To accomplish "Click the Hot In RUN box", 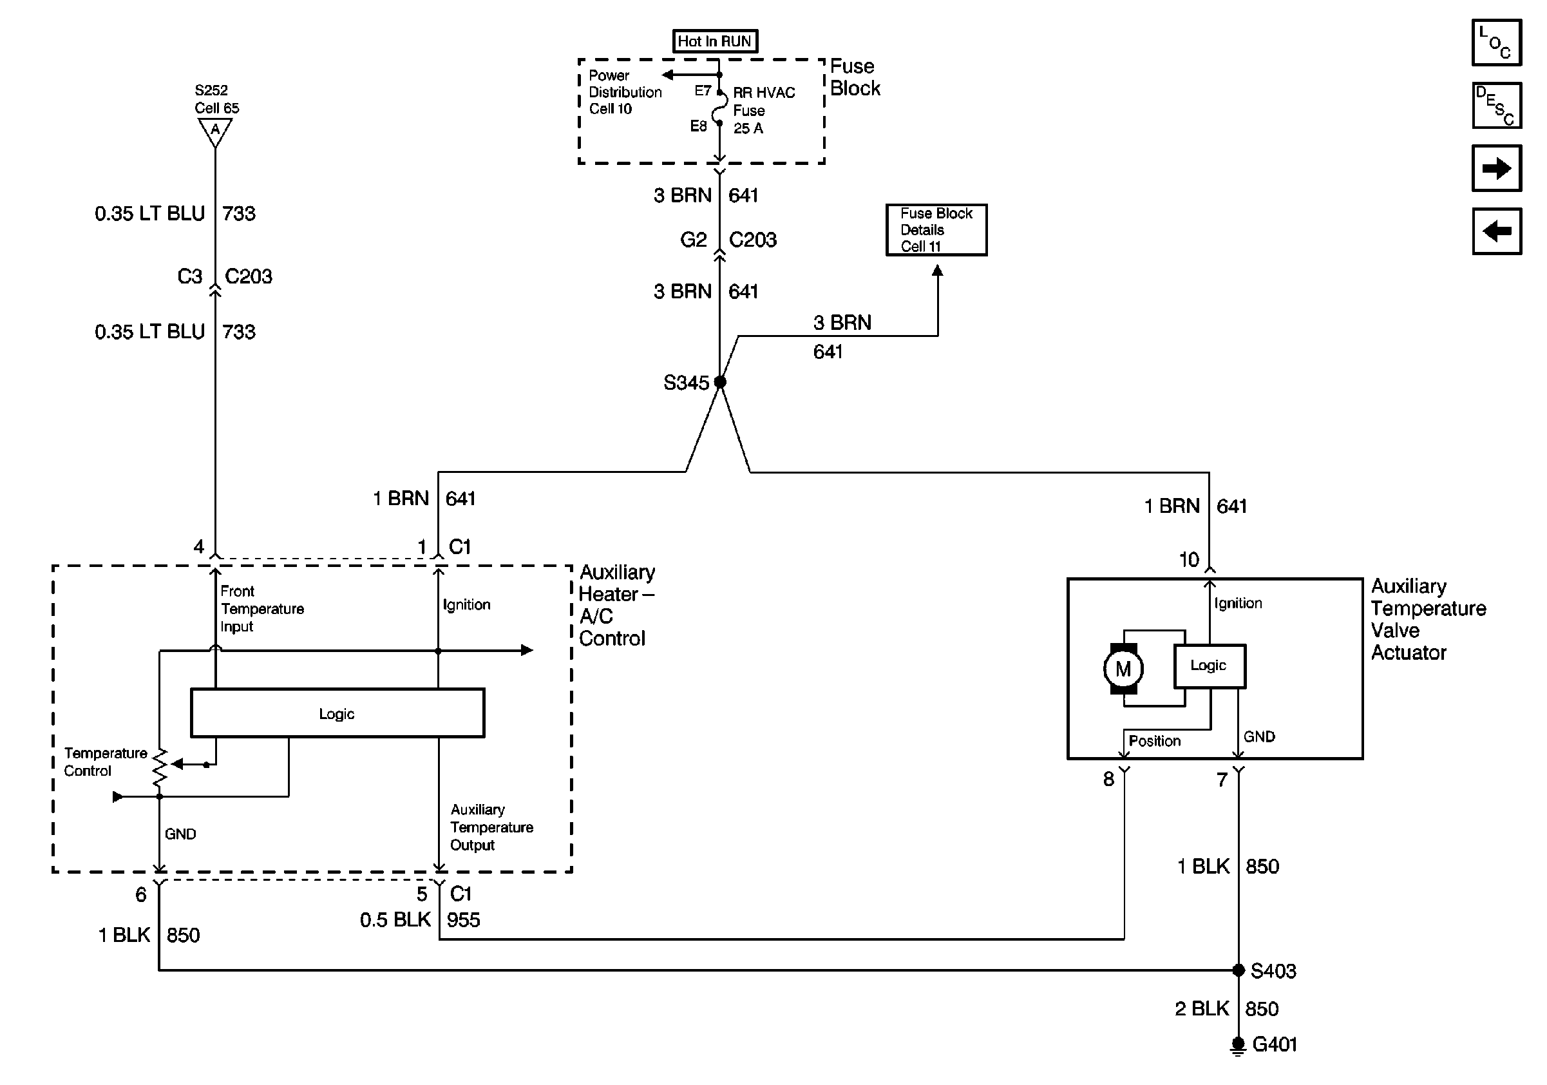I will click(x=715, y=41).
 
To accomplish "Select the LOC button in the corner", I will click(x=1495, y=43).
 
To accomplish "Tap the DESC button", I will click(x=1495, y=105).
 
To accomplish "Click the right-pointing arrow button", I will click(x=1495, y=168).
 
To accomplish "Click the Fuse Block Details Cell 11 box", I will click(x=936, y=230).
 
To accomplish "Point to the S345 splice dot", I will click(x=719, y=382).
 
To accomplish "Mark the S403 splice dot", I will click(x=1238, y=970).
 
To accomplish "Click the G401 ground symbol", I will click(x=1238, y=1045).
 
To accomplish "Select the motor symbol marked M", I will click(x=1123, y=669).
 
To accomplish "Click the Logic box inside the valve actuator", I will click(x=1209, y=666).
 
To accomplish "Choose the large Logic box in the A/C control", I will click(x=337, y=713).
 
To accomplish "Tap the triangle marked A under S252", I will click(x=215, y=131).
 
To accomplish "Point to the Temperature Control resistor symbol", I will click(x=160, y=768).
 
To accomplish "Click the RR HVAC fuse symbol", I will click(x=719, y=108).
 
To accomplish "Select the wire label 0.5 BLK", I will click(x=395, y=920).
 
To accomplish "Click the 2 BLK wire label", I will click(x=1201, y=1009).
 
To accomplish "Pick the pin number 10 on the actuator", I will click(x=1188, y=559).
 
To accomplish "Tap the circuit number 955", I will click(x=464, y=920).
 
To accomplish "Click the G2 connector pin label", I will click(x=694, y=240).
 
